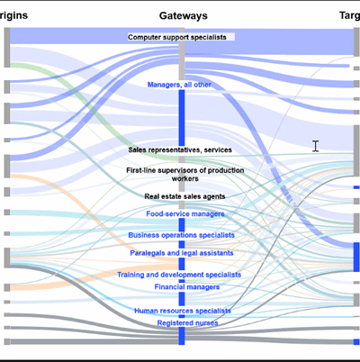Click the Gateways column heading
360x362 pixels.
184,16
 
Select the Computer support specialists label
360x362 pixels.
177,37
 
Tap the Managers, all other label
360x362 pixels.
179,85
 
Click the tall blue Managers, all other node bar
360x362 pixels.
182,118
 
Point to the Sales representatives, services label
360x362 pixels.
180,149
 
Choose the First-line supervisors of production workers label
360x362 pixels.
185,175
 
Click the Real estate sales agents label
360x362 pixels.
184,196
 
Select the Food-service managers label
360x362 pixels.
185,213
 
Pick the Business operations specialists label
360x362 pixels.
181,235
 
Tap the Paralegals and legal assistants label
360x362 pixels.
182,253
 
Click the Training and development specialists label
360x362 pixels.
179,275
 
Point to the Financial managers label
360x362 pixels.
187,287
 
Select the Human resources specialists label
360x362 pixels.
183,311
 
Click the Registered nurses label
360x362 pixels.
187,323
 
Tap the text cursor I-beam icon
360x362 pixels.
315,146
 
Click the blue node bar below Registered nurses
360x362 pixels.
182,336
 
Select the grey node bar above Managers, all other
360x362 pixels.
182,54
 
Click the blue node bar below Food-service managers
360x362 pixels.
182,224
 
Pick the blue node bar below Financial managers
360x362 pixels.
182,298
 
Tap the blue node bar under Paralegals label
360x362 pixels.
182,264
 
